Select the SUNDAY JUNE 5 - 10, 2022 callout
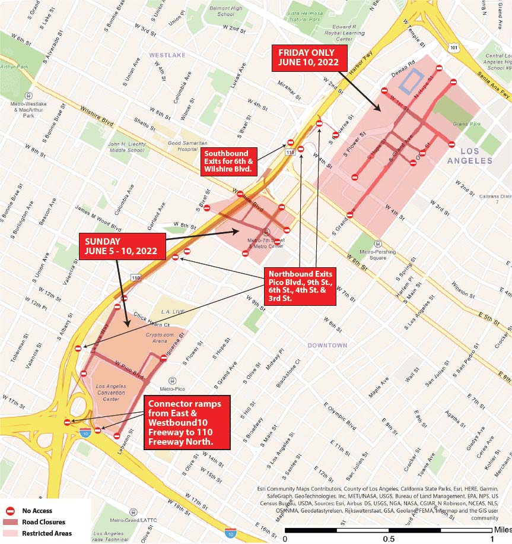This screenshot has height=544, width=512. tap(122, 246)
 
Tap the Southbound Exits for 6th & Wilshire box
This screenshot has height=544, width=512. tap(228, 161)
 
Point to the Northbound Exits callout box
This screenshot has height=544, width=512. tap(301, 286)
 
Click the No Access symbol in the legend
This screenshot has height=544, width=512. tap(9, 511)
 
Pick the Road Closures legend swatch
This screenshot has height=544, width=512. tap(9, 522)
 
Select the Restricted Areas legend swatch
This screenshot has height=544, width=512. tap(9, 533)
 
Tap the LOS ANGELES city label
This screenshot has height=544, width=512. tap(469, 156)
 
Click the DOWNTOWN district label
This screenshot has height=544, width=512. tap(327, 345)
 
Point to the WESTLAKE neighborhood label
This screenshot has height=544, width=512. tap(167, 55)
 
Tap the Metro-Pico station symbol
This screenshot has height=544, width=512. tap(172, 381)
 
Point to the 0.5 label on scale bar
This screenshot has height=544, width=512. tap(388, 538)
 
